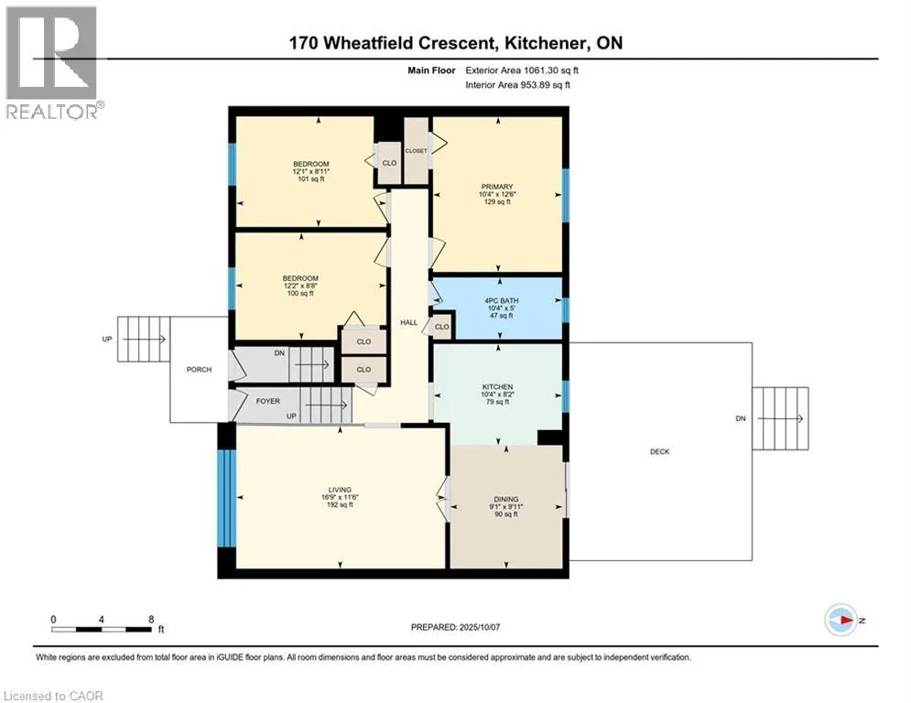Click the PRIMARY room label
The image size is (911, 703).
tap(497, 187)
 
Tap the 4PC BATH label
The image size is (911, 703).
tap(502, 301)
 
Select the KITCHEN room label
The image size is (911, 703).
tap(497, 387)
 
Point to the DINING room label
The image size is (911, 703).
tap(506, 499)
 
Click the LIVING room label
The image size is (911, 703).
tap(340, 490)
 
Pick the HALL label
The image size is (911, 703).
tap(408, 322)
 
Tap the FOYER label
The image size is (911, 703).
tap(268, 401)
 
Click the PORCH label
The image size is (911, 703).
tap(199, 370)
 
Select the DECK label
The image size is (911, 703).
tap(659, 451)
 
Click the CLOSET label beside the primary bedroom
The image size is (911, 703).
tap(416, 151)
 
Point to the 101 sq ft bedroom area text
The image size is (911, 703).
tap(310, 178)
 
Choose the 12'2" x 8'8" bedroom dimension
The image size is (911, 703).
tap(300, 286)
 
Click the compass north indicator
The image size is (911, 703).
tap(841, 620)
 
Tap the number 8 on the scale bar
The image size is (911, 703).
tap(151, 620)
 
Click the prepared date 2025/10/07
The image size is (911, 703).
tap(480, 627)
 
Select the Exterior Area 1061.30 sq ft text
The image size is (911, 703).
tap(522, 70)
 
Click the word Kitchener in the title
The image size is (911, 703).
tap(545, 43)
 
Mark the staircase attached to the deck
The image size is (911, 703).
tap(780, 418)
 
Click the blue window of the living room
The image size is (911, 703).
tap(226, 498)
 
